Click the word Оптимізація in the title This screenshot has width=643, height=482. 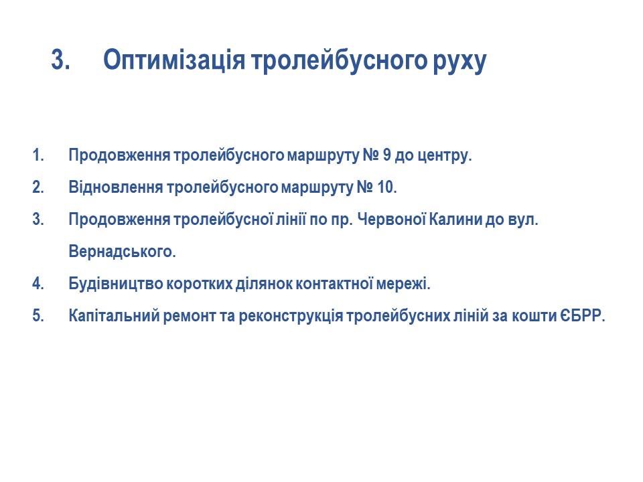(174, 60)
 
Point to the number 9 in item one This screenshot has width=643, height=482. (386, 155)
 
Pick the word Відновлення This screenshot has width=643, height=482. (116, 187)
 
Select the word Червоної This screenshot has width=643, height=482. (391, 220)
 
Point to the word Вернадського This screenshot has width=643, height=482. (122, 251)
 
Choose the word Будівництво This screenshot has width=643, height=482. (116, 284)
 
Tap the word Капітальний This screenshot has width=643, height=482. (114, 315)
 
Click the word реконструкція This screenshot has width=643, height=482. (291, 316)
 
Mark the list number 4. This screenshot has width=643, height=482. (38, 284)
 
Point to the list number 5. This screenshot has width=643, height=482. (38, 315)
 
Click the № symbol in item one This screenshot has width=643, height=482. (370, 155)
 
